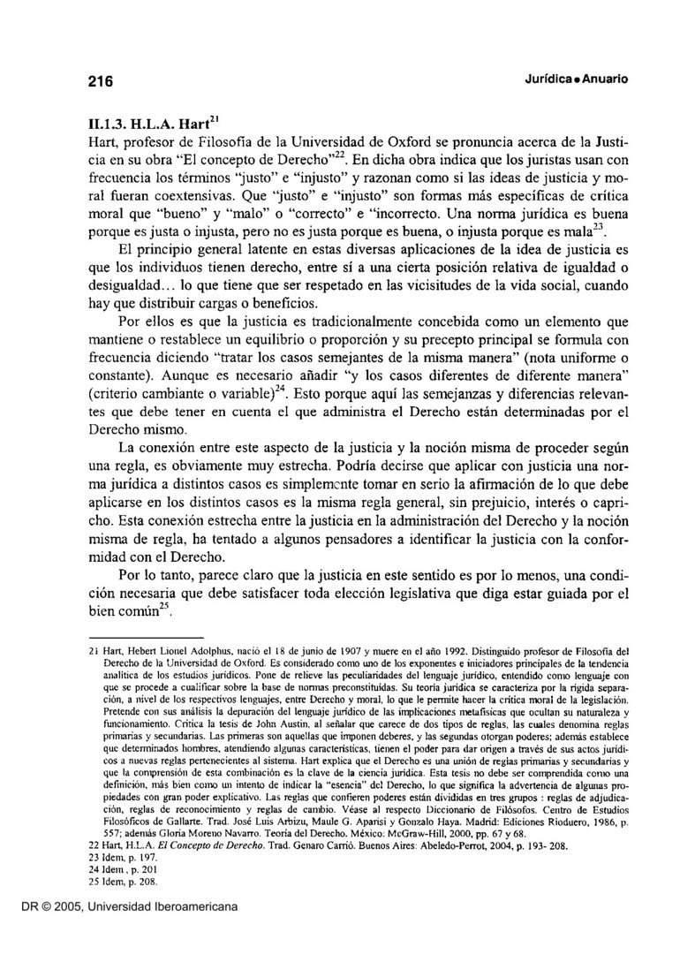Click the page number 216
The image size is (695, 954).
click(x=100, y=81)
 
